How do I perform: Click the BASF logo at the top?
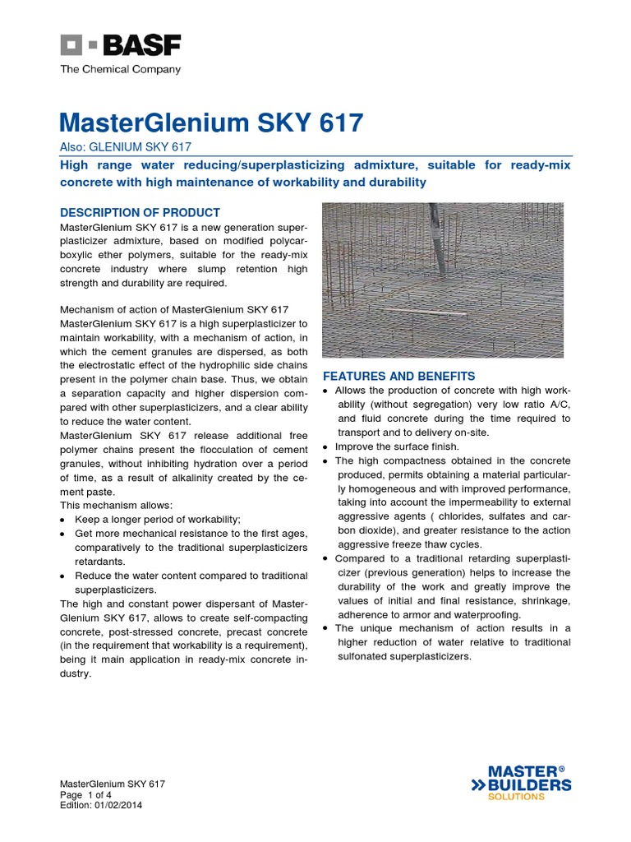(120, 45)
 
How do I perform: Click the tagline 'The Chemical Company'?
(120, 70)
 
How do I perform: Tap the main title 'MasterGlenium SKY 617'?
(211, 123)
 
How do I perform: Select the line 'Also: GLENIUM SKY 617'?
(126, 147)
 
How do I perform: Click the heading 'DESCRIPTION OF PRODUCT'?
(140, 212)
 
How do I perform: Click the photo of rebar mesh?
(442, 280)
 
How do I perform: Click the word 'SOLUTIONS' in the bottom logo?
(516, 797)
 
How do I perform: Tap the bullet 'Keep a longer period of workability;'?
(158, 519)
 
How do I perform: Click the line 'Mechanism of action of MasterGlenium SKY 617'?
(174, 309)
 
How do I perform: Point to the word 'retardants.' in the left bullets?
(99, 561)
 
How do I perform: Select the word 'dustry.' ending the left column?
(76, 673)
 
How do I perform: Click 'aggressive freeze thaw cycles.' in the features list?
(411, 545)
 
